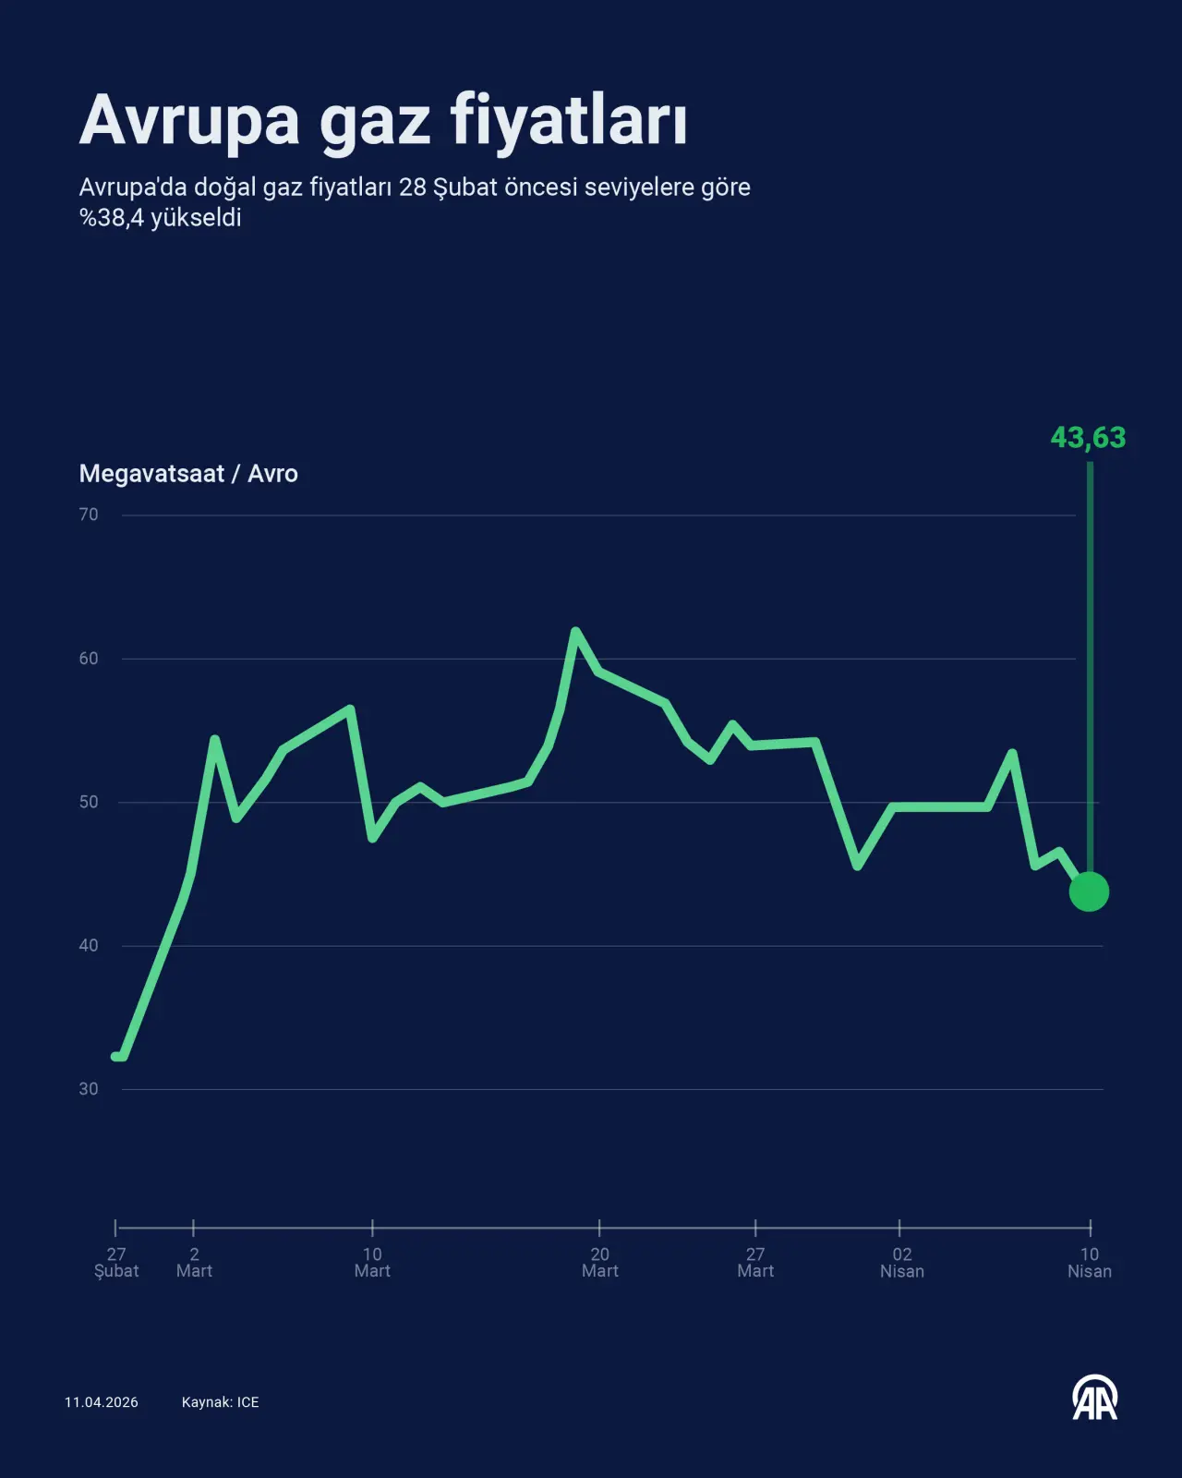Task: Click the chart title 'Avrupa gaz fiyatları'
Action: point(383,121)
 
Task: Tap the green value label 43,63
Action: point(1088,437)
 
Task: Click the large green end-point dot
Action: point(1089,891)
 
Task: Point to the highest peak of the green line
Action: point(575,631)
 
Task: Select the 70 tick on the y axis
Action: point(89,515)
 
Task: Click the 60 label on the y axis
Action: point(89,659)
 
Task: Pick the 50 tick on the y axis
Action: point(89,802)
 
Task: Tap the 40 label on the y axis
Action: point(89,945)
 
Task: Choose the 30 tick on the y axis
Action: point(89,1088)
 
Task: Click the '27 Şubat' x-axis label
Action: point(116,1262)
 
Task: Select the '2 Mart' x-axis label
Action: point(194,1262)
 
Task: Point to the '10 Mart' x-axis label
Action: point(372,1262)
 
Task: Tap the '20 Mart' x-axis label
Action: point(599,1262)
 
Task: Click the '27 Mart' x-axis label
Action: point(755,1262)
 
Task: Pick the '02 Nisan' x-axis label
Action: point(901,1262)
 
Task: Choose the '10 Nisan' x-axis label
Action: point(1090,1262)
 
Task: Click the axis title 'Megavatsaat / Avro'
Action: point(188,474)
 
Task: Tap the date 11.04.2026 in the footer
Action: point(102,1402)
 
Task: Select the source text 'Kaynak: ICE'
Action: point(220,1402)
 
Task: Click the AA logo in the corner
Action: point(1095,1399)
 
